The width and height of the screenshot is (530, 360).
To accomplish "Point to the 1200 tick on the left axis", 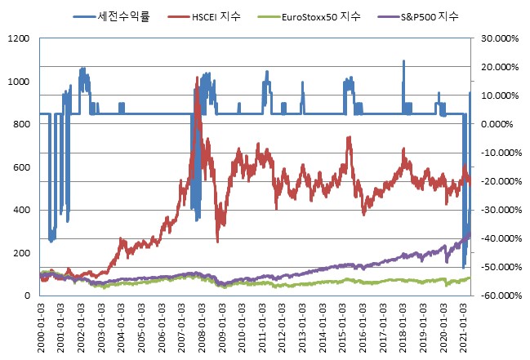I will coord(18,38).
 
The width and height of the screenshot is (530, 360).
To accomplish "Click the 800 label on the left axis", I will coord(21,124).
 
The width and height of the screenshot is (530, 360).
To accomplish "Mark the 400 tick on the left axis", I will coord(21,210).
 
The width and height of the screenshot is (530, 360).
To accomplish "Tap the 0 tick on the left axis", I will coord(27,296).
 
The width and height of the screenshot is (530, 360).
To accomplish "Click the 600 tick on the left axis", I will coord(21,167).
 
